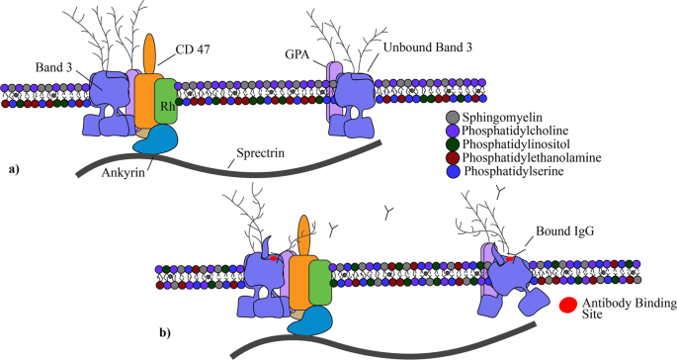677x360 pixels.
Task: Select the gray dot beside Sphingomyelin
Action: click(452, 116)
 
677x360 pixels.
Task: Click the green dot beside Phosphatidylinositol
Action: click(452, 143)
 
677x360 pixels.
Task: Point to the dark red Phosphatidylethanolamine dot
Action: click(452, 157)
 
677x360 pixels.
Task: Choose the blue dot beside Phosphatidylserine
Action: click(452, 171)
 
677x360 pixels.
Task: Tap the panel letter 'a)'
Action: click(14, 170)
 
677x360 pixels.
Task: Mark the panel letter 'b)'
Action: click(166, 332)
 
